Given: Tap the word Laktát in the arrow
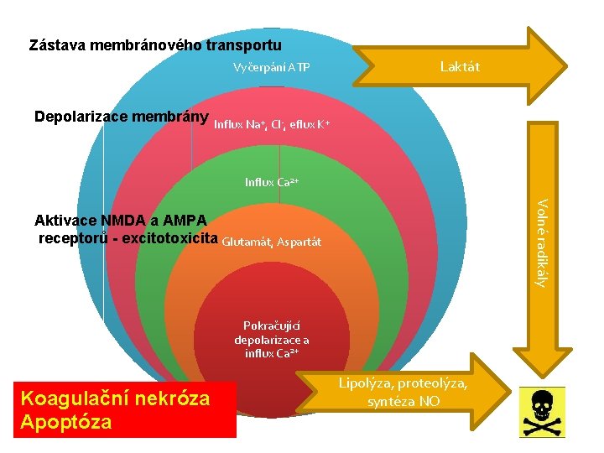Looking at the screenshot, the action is pos(460,67).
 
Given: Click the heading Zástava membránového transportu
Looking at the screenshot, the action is pos(155,44).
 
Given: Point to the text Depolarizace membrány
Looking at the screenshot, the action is pos(121,117).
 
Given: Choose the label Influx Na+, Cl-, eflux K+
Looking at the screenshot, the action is pos(272,125).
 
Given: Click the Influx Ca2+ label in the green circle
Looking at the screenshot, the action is pos(272,181).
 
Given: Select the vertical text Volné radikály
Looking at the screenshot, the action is pos(542,242).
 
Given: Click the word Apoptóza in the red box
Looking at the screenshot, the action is pos(66,421).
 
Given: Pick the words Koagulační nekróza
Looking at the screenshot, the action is pos(115,398).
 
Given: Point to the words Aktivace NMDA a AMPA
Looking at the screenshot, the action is pos(121,221).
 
